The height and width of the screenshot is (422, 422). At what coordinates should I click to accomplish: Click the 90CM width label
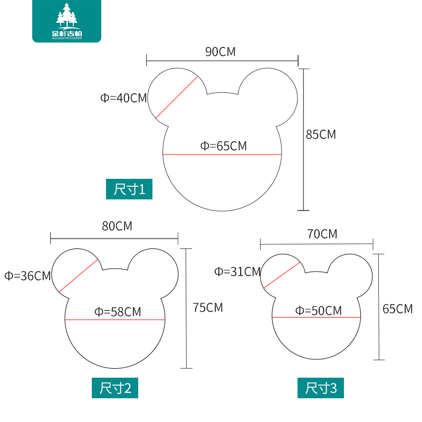point(220,52)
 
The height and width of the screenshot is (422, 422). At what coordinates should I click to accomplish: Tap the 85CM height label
point(321,135)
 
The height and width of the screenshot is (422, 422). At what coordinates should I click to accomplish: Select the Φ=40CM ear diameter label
point(123,98)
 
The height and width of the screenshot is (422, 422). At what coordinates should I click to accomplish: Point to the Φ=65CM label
point(223,146)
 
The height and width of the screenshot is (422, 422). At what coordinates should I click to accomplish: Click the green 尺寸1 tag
point(129,189)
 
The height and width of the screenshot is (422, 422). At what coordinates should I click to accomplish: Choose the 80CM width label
point(117,226)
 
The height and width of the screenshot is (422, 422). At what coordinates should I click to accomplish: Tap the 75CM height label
point(208,308)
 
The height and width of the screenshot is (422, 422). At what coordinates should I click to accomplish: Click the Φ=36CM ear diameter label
point(27,275)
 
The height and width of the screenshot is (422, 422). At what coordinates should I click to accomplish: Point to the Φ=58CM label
point(118,312)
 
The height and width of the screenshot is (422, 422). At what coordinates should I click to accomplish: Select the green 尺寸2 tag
point(116,388)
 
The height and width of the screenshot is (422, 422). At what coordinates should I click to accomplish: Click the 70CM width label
point(322,234)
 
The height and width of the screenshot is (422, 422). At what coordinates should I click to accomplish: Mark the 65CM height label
point(398,309)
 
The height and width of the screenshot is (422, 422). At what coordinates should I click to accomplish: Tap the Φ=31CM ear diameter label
point(237,272)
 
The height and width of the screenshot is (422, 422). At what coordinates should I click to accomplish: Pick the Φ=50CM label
point(318,311)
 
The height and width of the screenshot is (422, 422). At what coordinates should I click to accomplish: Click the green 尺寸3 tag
point(321,388)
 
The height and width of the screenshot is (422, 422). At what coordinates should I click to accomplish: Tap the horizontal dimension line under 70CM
point(316,244)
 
